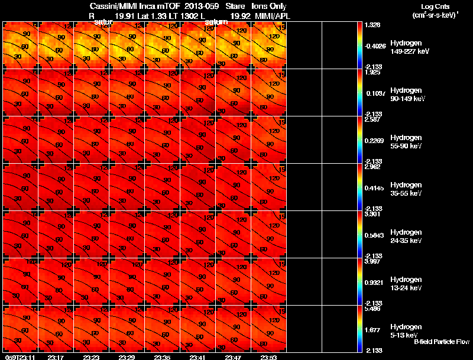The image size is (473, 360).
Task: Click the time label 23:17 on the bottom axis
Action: point(56,357)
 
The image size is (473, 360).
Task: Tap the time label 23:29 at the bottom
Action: point(127,357)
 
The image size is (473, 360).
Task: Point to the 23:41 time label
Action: point(197,357)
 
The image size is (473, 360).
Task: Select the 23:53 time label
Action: point(268,357)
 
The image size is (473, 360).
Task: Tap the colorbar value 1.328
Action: point(372,25)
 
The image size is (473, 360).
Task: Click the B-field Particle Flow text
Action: point(441,342)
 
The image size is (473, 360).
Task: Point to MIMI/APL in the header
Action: point(269,16)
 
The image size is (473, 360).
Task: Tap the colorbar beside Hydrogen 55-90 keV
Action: point(360,140)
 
